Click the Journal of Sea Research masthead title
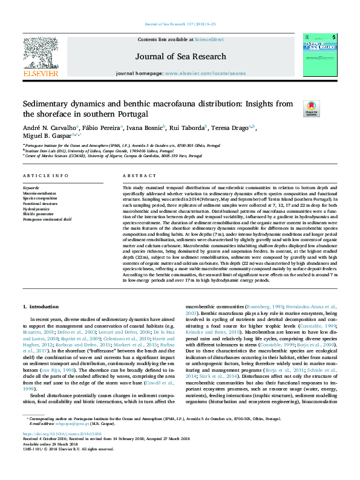click(x=180, y=57)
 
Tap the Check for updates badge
click(x=310, y=108)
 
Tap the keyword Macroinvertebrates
click(x=41, y=193)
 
